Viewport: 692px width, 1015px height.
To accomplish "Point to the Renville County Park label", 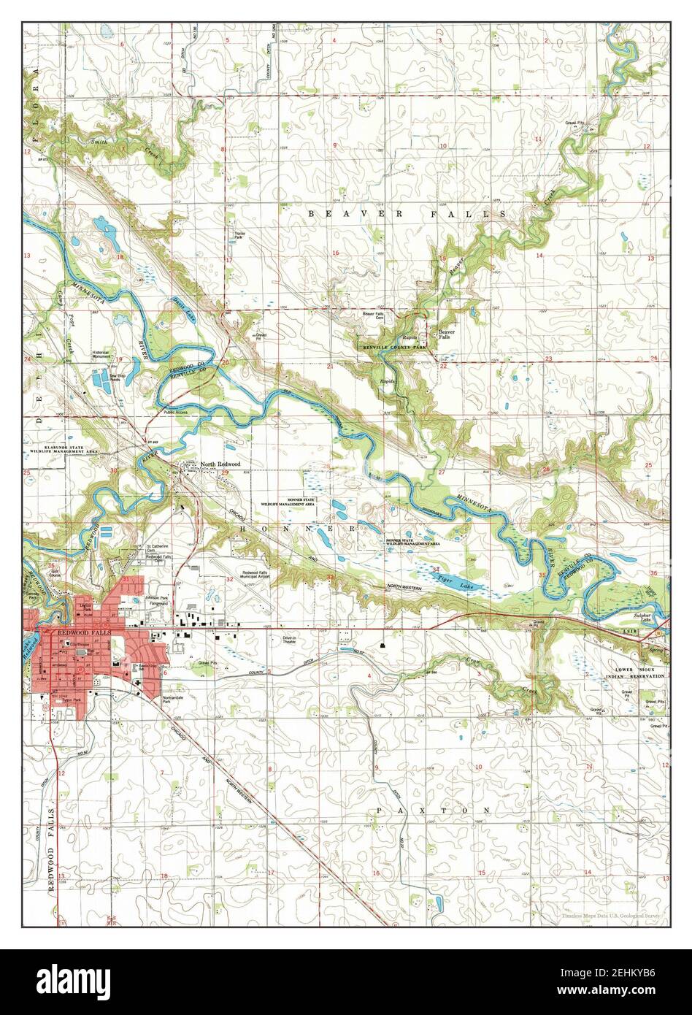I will pyautogui.click(x=393, y=348).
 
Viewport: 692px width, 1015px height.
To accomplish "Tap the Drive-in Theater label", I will pyautogui.click(x=292, y=640).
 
